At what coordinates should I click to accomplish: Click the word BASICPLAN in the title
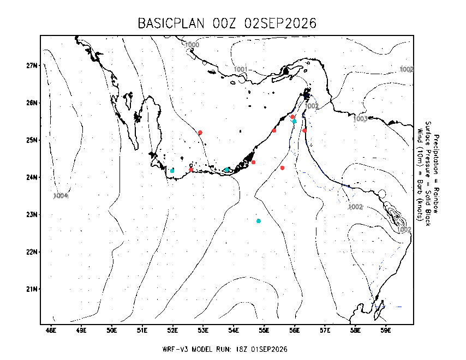(171, 23)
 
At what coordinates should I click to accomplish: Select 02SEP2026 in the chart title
(280, 23)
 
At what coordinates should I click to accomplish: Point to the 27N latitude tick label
(32, 65)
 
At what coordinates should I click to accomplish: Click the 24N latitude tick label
(32, 177)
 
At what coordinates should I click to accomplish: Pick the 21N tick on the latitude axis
(32, 289)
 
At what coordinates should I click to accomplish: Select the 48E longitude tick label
(51, 331)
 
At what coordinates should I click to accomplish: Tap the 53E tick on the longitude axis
(204, 331)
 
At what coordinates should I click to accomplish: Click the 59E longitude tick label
(386, 331)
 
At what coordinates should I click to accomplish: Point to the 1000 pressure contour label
(192, 45)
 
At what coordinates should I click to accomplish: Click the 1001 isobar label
(241, 69)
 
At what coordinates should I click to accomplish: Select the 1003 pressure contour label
(360, 119)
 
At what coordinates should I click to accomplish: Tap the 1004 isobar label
(61, 196)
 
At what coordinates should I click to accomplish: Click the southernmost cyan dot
(259, 221)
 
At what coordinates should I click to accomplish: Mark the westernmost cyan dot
(172, 171)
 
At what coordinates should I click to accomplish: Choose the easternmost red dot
(304, 131)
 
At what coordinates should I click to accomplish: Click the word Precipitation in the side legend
(436, 154)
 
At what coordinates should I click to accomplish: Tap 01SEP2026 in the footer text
(269, 349)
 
